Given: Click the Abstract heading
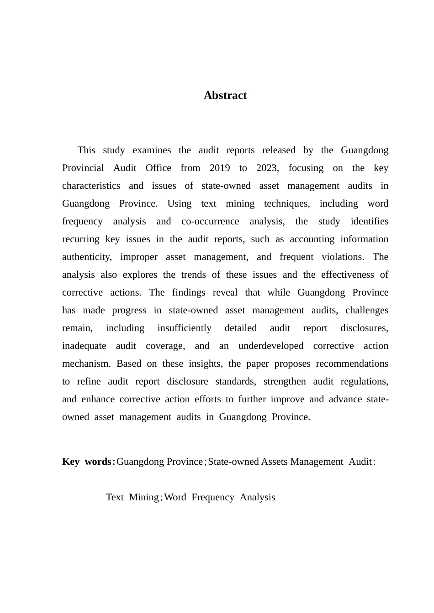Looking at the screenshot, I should (225, 95).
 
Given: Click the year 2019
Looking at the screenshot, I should (219, 168).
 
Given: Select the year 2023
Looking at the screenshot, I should (266, 168).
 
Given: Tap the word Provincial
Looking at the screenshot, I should (83, 168).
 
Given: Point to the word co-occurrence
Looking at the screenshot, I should (210, 221).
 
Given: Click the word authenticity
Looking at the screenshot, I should (86, 257).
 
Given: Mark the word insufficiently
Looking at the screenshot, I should (184, 328).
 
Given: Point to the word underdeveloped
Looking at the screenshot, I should (270, 346).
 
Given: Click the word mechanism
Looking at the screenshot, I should (86, 364).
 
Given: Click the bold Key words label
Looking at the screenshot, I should (88, 462).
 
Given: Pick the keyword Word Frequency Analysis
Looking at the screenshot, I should (220, 497).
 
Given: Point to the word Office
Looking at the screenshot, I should (158, 168).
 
